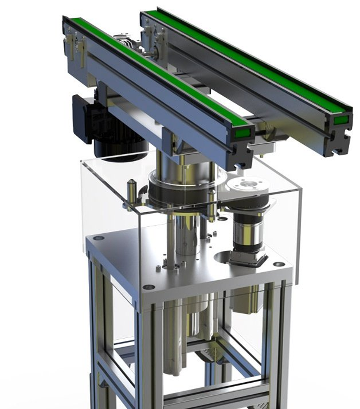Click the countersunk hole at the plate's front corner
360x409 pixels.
click(x=148, y=287)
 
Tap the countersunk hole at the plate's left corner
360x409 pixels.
click(x=99, y=238)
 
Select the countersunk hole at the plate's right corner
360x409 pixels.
click(x=279, y=264)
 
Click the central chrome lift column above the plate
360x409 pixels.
click(x=186, y=233)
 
